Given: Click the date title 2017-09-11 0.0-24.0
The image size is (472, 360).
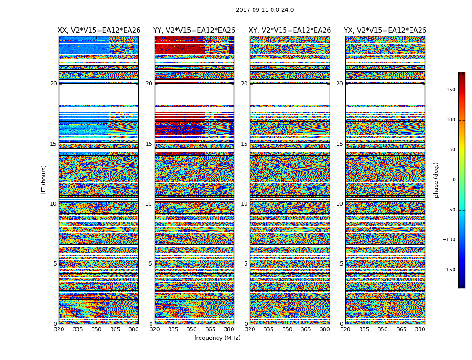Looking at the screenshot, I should [265, 10].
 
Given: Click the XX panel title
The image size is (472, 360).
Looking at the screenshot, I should [99, 31].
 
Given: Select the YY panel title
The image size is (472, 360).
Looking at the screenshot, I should [194, 31].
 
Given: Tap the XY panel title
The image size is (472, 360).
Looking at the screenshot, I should [290, 31].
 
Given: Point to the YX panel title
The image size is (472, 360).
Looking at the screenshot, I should [385, 31].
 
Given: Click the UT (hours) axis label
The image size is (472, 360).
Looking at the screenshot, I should [44, 180].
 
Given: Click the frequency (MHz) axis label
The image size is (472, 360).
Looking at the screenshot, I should [217, 338].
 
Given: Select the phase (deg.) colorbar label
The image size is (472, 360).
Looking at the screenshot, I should [436, 180].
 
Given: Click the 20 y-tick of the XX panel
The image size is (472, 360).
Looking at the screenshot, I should [53, 84].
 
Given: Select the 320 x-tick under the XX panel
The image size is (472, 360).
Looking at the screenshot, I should [59, 329].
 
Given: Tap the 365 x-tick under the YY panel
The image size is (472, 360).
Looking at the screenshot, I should [210, 329].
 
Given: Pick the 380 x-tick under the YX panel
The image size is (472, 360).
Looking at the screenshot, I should [420, 329].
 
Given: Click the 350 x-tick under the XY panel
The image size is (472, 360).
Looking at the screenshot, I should [287, 329].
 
